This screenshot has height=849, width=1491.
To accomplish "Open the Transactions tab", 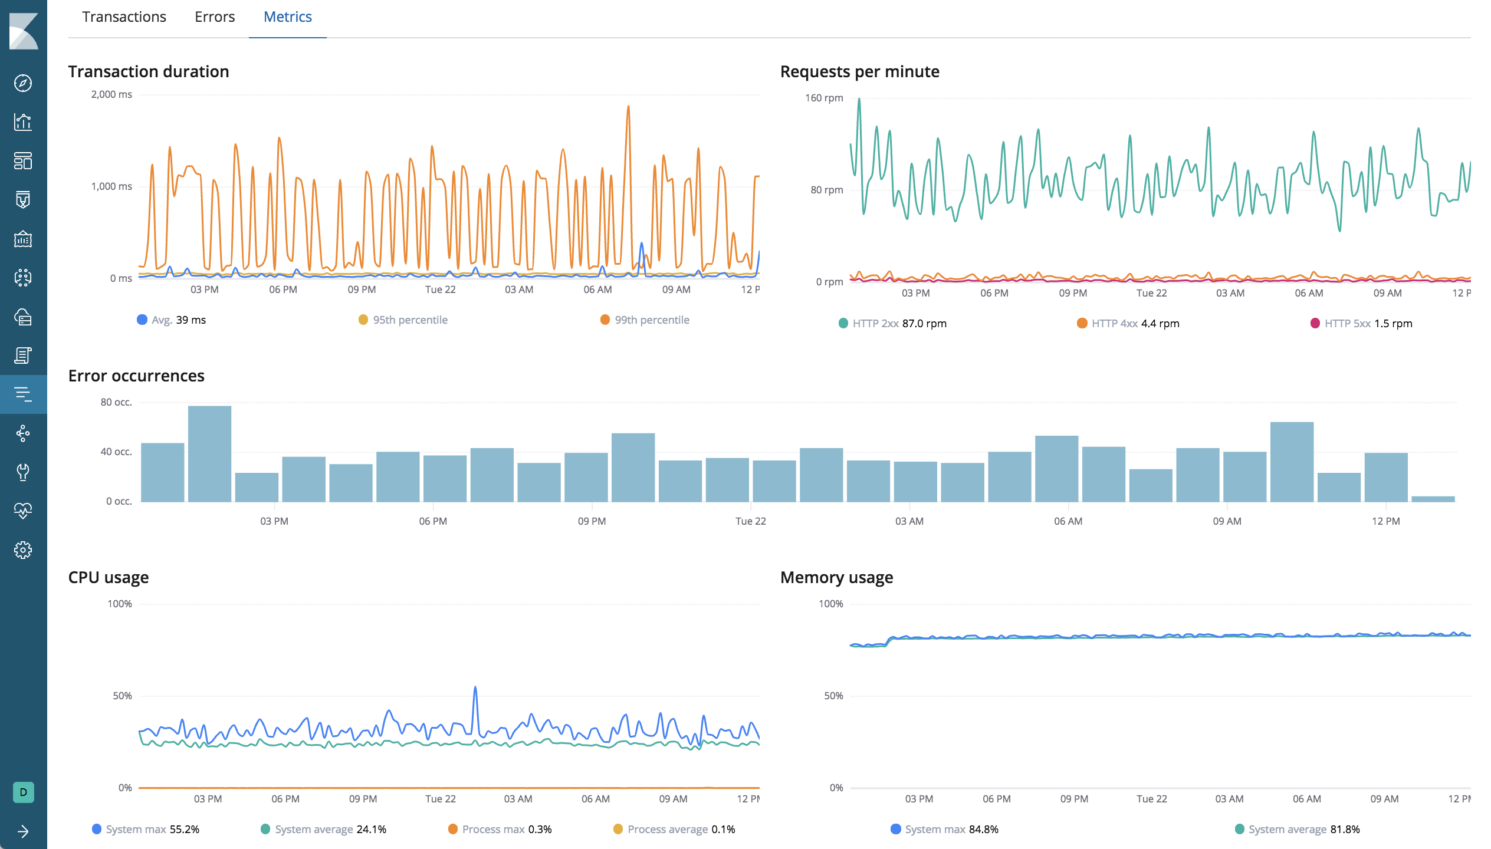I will [x=124, y=17].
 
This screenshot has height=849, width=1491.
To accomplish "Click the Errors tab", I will [x=215, y=17].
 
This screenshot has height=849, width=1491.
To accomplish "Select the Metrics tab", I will [x=287, y=17].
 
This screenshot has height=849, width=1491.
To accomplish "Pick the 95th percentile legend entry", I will [x=403, y=320].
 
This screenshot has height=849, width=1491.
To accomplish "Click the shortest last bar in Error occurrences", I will [x=1433, y=499].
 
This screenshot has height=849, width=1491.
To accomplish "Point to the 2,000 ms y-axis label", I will [x=111, y=94].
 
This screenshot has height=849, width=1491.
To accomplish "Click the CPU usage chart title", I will [x=109, y=577].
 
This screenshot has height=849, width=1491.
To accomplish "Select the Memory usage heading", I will [x=836, y=577].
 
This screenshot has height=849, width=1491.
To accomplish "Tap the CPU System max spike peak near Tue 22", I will [x=475, y=687].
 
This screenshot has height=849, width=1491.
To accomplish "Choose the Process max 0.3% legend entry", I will [x=500, y=830].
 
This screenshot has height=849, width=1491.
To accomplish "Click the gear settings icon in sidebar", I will [x=23, y=550].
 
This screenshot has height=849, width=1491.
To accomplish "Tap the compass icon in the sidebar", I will [x=23, y=83].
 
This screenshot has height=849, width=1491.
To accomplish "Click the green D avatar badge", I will [x=23, y=792].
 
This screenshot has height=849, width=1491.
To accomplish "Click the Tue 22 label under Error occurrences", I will [x=750, y=521].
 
